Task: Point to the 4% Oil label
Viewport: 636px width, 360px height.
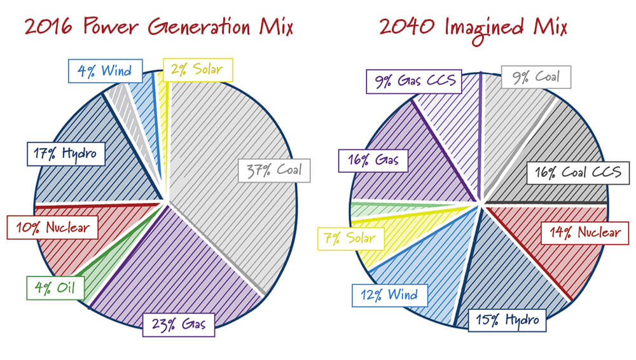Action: (55, 288)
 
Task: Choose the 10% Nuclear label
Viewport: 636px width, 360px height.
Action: (52, 226)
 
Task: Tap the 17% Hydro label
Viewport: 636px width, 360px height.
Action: (66, 154)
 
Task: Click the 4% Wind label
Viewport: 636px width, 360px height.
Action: (104, 71)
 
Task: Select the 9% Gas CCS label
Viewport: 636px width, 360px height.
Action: (414, 81)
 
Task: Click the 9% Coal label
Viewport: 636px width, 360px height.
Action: (536, 78)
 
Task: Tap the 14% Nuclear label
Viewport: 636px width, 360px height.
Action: (581, 232)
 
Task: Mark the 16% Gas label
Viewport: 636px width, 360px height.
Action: (373, 160)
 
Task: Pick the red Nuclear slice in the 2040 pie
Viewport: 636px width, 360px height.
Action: (547, 254)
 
